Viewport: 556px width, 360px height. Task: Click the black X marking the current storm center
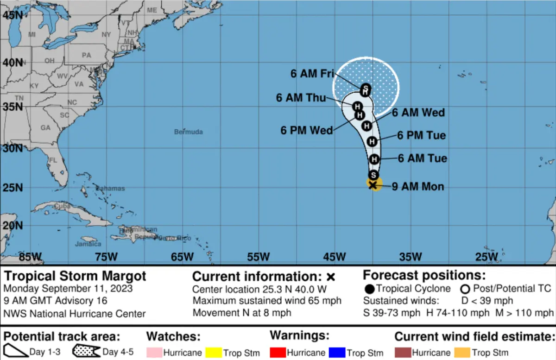click(x=373, y=185)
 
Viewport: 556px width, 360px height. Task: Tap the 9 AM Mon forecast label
click(x=418, y=187)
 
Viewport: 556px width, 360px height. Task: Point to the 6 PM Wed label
click(x=306, y=130)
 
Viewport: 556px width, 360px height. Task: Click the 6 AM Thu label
click(x=301, y=98)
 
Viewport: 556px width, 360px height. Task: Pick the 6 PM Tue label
click(x=422, y=135)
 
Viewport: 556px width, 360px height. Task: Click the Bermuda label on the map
click(x=189, y=132)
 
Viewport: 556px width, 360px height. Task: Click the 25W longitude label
click(x=486, y=256)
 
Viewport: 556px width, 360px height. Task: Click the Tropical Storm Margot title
click(x=75, y=277)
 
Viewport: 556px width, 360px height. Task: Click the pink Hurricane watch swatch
click(x=154, y=353)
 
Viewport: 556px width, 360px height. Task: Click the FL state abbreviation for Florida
click(x=53, y=160)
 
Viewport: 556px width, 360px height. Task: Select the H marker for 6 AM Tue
click(x=374, y=159)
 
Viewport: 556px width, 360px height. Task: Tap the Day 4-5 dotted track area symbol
click(x=86, y=351)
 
